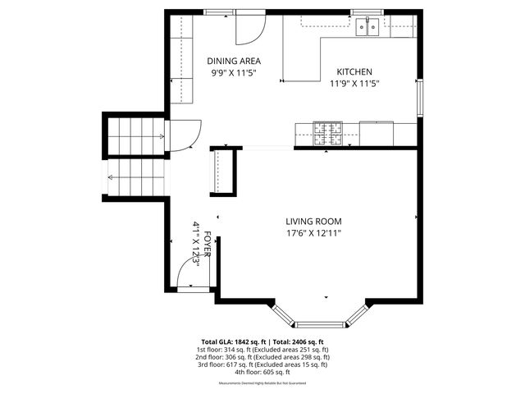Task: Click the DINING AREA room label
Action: [234, 61]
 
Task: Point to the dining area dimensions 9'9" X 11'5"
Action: [234, 72]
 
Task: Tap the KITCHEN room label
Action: [354, 72]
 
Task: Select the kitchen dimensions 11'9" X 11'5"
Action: [354, 84]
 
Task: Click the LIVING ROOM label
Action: [313, 222]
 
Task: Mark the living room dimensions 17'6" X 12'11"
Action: [313, 233]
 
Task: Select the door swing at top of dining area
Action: [249, 29]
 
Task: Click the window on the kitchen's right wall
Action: [420, 99]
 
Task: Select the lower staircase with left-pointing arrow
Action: [136, 177]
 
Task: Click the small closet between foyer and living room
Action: [223, 170]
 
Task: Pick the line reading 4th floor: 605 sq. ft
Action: [262, 372]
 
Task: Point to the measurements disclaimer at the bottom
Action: [262, 383]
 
